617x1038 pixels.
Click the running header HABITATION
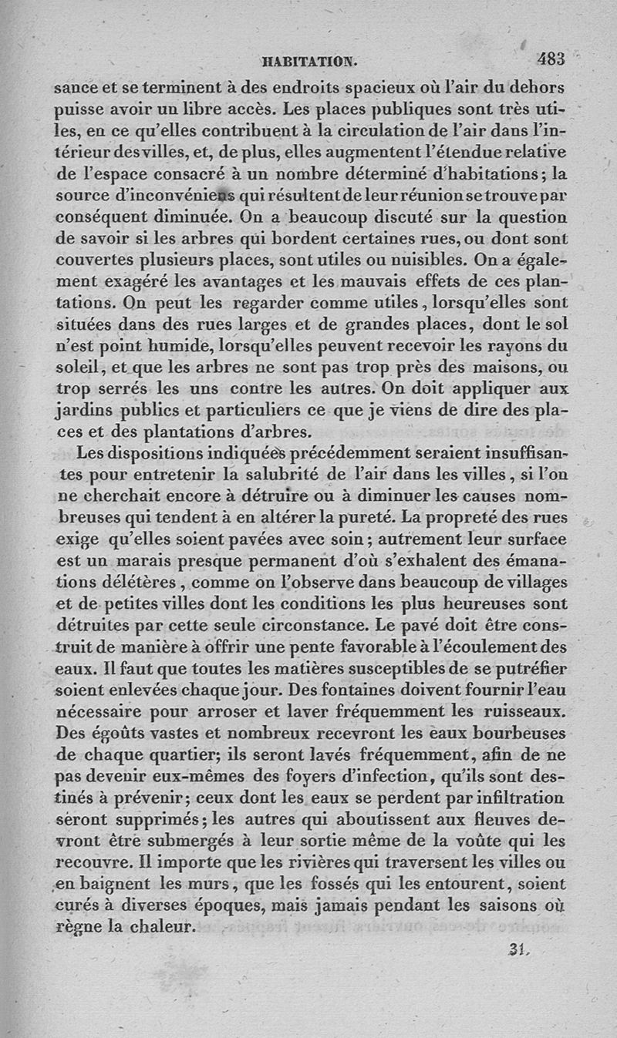coord(308,60)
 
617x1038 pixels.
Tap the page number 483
coord(551,58)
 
